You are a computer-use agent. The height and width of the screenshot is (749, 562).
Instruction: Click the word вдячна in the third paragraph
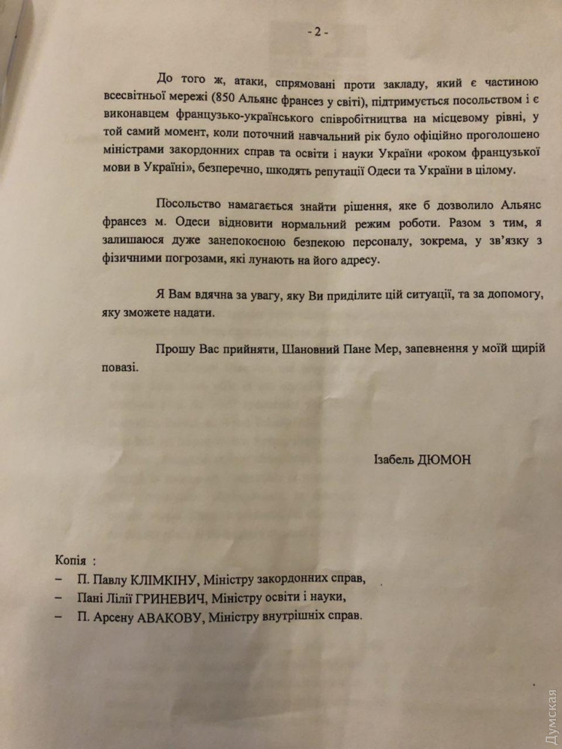(x=205, y=295)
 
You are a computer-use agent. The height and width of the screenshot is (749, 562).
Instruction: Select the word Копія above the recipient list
(x=73, y=560)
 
